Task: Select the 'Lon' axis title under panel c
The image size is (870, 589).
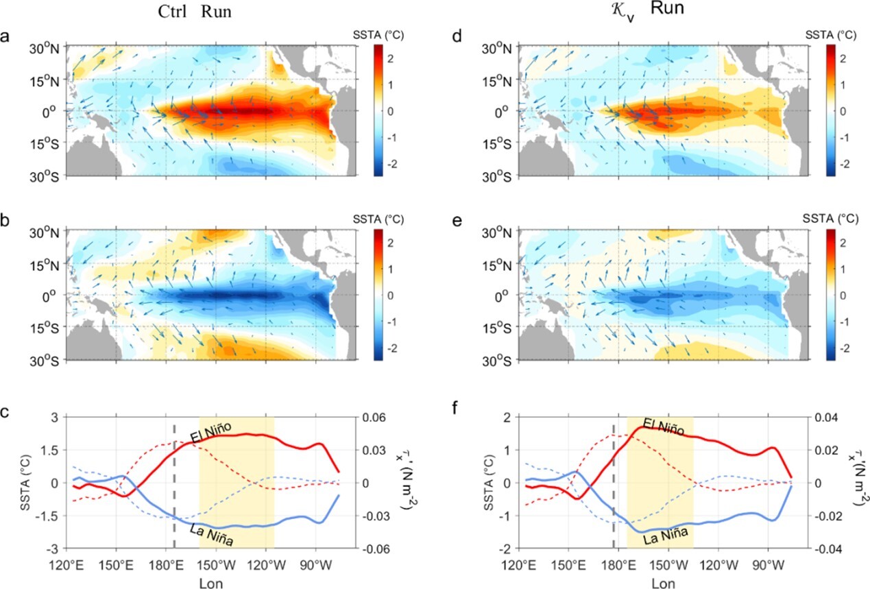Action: [211, 582]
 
